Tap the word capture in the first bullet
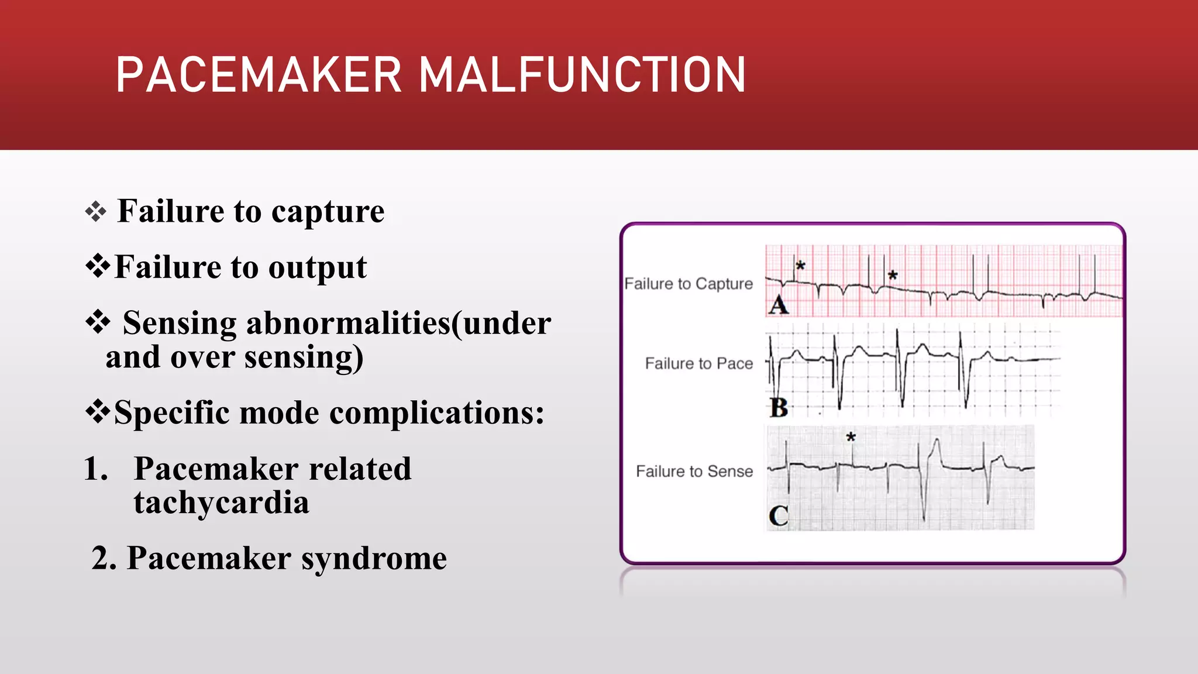click(x=328, y=212)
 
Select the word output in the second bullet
click(x=317, y=268)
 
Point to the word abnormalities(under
click(x=398, y=324)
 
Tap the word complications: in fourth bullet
click(x=436, y=413)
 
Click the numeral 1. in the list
click(x=95, y=469)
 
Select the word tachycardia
click(x=221, y=503)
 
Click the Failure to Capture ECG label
click(x=688, y=284)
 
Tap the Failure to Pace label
click(x=698, y=363)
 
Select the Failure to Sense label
click(x=694, y=472)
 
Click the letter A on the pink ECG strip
click(x=779, y=305)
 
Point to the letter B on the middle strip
click(x=779, y=407)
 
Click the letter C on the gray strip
click(x=779, y=516)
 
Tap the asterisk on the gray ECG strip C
click(x=851, y=437)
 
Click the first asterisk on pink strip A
click(x=801, y=266)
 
